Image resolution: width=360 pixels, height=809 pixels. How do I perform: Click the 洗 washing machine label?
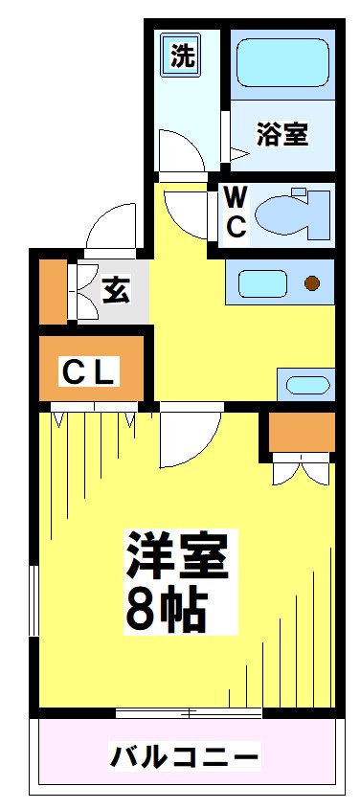point(182,56)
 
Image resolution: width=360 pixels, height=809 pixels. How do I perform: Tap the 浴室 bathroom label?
point(281,134)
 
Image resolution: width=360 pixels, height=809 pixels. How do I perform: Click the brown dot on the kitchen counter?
point(311,282)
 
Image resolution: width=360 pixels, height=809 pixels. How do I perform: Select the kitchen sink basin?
point(263,283)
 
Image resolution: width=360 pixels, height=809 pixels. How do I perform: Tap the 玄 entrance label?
point(115,289)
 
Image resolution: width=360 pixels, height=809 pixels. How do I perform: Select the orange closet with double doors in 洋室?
point(302,432)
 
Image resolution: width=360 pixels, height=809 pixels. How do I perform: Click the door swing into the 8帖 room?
point(187,436)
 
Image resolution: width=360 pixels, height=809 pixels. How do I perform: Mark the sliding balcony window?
point(188,712)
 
